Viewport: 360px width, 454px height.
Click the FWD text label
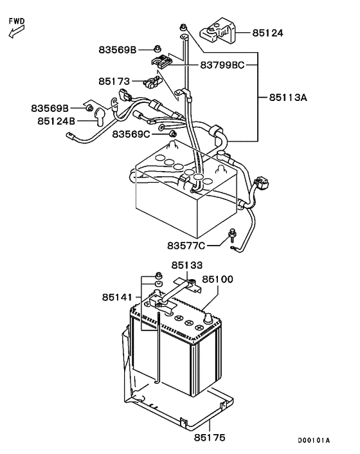17,21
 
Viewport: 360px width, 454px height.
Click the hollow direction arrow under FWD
15,33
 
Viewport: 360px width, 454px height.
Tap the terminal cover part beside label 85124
219,31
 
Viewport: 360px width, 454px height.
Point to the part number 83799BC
222,64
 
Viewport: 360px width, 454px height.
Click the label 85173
114,82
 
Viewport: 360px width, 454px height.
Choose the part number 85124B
56,120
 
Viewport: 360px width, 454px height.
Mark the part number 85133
186,264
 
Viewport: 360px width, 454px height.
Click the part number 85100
218,280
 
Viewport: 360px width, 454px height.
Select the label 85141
117,297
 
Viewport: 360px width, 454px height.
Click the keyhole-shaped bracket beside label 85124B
101,116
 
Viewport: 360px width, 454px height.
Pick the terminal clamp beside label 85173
152,82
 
